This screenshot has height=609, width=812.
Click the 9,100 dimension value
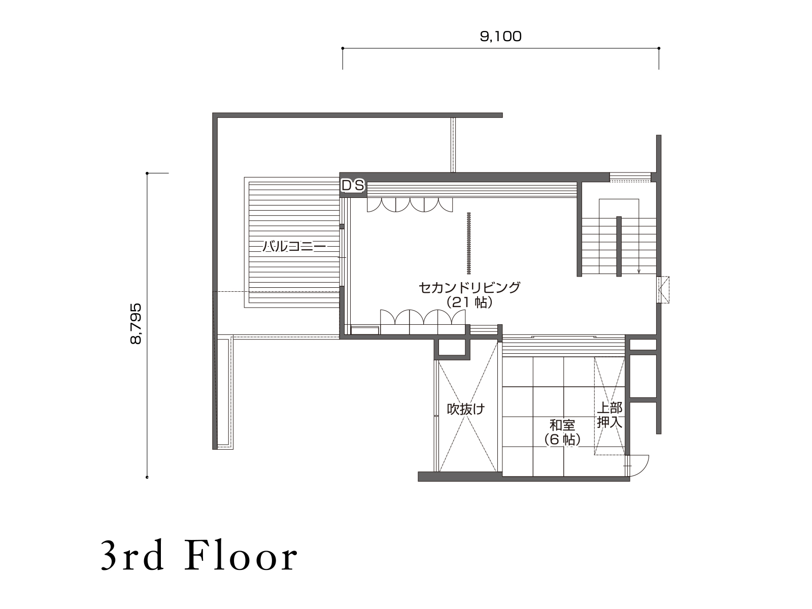pyautogui.click(x=500, y=37)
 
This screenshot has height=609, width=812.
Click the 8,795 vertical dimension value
pyautogui.click(x=136, y=324)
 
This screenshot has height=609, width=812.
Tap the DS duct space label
pyautogui.click(x=353, y=186)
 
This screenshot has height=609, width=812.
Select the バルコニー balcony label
pyautogui.click(x=294, y=246)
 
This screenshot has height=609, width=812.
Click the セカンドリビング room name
pyautogui.click(x=469, y=287)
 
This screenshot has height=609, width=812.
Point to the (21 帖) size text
pyautogui.click(x=469, y=303)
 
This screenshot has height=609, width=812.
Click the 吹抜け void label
pyautogui.click(x=466, y=410)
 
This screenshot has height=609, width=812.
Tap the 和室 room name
pyautogui.click(x=562, y=425)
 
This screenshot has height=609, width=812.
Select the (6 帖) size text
pyautogui.click(x=562, y=440)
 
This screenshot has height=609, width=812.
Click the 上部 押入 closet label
pyautogui.click(x=610, y=415)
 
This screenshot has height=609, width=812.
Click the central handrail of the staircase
pyautogui.click(x=619, y=247)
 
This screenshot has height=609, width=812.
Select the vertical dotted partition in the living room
pyautogui.click(x=469, y=243)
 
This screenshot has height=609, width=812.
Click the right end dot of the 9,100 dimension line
pyautogui.click(x=659, y=48)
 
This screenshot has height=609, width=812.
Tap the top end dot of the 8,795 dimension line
pyautogui.click(x=147, y=173)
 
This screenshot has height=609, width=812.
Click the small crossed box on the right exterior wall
pyautogui.click(x=663, y=290)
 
